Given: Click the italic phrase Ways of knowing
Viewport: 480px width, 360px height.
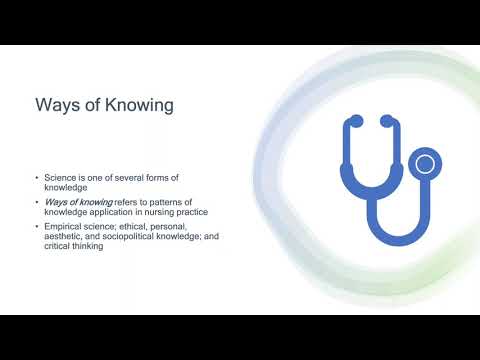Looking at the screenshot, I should tap(80, 201).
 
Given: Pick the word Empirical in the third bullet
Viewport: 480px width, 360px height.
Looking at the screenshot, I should tap(63, 225).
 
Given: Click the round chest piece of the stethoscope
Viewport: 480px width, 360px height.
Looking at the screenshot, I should tap(426, 163).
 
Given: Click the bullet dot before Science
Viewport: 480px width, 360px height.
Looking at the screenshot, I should tap(37, 177).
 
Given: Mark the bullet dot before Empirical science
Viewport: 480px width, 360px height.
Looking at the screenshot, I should tap(37, 225).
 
